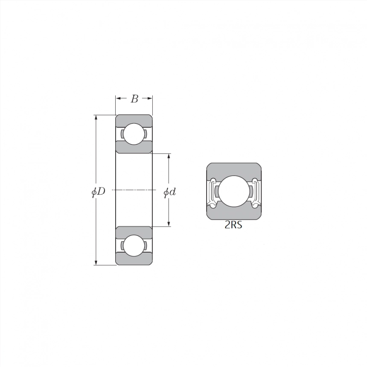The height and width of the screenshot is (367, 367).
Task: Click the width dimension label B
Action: click(x=134, y=99)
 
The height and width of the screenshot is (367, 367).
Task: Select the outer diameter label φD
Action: click(x=98, y=192)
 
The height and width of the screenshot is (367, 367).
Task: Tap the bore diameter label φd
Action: click(x=170, y=192)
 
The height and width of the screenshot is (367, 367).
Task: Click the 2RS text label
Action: click(x=233, y=225)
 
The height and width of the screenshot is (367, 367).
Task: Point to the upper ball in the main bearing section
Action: click(x=134, y=134)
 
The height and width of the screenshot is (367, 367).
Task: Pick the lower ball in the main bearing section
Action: click(x=134, y=245)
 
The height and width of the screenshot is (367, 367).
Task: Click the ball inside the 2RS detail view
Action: click(x=234, y=191)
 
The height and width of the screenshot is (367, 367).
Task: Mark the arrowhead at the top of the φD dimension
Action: click(x=96, y=118)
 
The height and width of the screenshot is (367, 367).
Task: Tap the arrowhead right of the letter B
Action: click(x=150, y=98)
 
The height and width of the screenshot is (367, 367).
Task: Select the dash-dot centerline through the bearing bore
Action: click(x=134, y=189)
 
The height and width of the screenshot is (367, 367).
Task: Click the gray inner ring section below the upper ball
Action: click(x=134, y=148)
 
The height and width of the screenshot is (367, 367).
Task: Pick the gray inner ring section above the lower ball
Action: click(x=134, y=231)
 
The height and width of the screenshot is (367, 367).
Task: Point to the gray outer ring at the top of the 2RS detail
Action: click(x=234, y=168)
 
